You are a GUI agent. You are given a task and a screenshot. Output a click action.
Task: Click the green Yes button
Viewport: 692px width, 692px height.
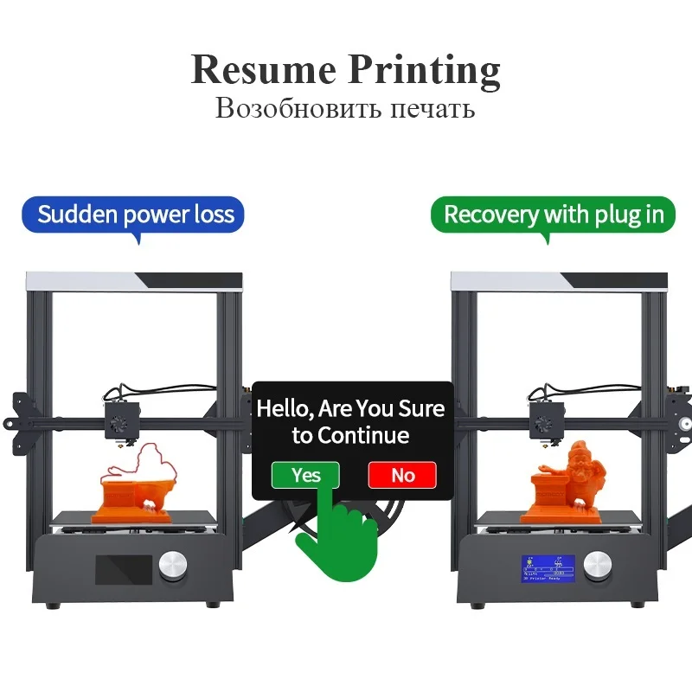(x=305, y=475)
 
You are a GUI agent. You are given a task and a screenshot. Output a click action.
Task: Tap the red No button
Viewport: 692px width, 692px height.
(x=402, y=475)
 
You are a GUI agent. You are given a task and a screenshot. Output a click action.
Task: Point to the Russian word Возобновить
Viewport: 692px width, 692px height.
(x=283, y=110)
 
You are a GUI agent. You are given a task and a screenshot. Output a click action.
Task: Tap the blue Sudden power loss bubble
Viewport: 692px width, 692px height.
(x=135, y=215)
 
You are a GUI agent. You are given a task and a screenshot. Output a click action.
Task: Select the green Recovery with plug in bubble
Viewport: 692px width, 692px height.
(x=554, y=215)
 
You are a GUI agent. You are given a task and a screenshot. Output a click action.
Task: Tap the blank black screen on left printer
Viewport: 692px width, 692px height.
(x=122, y=568)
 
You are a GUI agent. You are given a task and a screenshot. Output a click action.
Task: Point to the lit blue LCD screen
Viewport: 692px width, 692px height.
(x=548, y=567)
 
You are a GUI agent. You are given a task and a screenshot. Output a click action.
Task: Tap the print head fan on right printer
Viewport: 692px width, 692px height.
(x=542, y=424)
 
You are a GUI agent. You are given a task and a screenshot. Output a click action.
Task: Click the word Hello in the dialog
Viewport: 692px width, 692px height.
(x=286, y=408)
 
